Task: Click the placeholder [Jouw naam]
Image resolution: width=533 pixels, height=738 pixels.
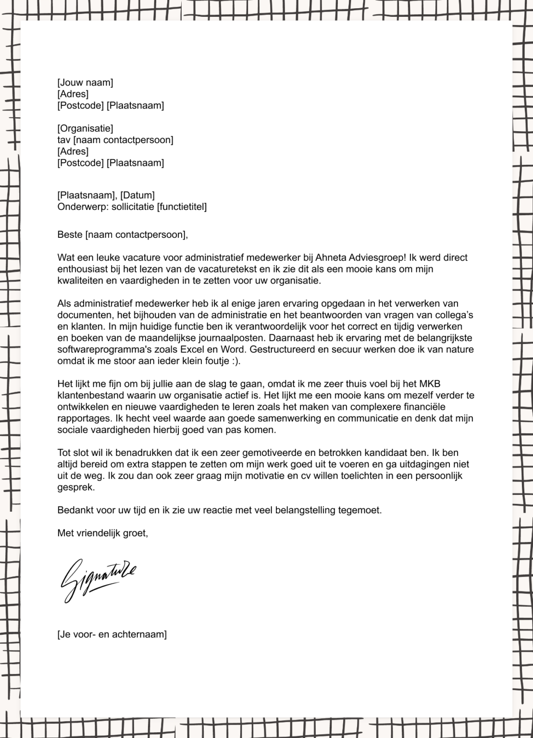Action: [x=85, y=83]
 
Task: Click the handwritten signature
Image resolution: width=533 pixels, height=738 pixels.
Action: [x=99, y=578]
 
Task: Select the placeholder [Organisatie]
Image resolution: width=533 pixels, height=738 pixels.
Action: [x=85, y=128]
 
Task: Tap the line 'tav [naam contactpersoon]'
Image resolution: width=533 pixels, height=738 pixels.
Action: [x=115, y=140]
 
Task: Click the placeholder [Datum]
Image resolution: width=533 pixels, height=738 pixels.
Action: [x=137, y=195]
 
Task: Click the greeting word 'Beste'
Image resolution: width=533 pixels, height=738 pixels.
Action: [x=70, y=235]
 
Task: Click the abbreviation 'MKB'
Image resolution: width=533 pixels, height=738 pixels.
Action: [x=430, y=384]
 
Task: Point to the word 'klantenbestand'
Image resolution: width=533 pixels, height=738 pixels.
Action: [x=87, y=395]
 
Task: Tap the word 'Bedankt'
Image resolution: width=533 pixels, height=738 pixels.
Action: [x=74, y=510]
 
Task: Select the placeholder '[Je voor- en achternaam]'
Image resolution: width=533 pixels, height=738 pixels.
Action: [x=112, y=634]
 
